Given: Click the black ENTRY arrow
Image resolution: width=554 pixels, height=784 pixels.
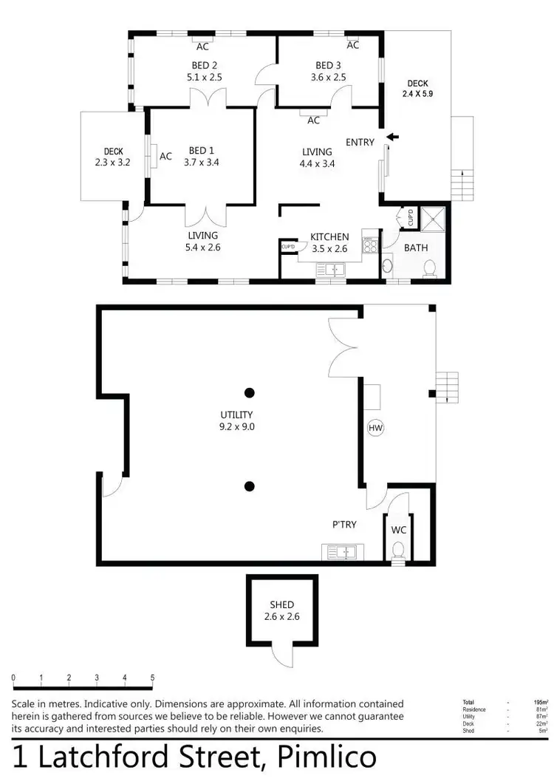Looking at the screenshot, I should (x=392, y=137).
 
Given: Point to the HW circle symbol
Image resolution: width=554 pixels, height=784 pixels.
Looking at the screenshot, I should (x=376, y=428).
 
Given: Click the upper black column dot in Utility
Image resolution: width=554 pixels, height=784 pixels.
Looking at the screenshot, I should (x=250, y=392).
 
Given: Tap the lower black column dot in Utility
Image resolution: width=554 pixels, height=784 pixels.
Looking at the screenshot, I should (x=250, y=485).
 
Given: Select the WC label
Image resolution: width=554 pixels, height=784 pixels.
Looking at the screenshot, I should (x=398, y=530).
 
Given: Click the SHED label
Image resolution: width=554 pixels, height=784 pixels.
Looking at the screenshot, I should (x=282, y=604).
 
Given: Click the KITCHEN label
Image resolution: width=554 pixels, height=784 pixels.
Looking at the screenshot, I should (x=329, y=236).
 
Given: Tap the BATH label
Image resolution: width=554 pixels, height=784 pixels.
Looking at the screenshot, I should (x=415, y=248).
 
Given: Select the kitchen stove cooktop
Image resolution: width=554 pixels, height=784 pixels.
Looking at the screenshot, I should (x=369, y=243).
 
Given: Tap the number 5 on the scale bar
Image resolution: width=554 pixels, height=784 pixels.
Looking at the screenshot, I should (x=152, y=678).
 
